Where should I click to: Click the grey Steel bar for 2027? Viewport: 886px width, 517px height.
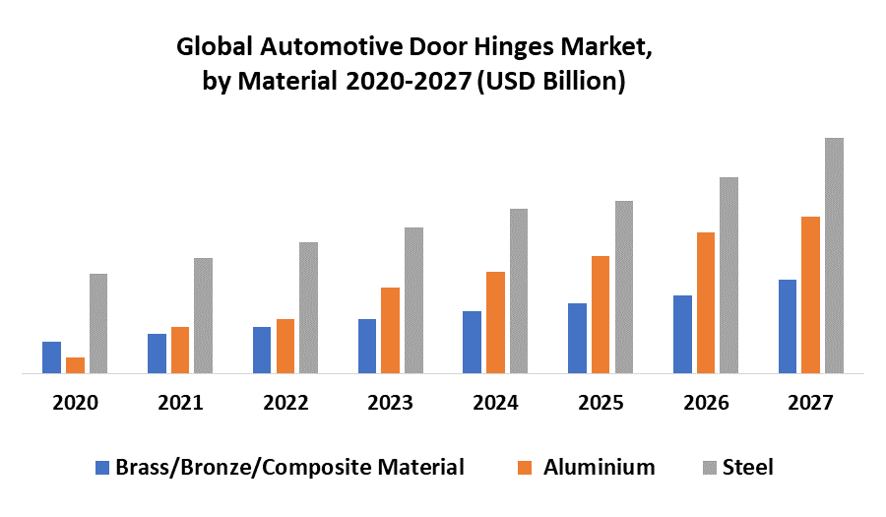(834, 256)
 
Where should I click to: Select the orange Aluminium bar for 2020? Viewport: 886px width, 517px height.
(75, 365)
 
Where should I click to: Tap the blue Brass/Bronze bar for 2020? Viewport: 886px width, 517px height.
(51, 357)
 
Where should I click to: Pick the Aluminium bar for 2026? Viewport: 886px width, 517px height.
(706, 303)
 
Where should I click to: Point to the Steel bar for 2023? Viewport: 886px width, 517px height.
(413, 300)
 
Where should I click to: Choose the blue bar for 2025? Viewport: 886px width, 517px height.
(577, 339)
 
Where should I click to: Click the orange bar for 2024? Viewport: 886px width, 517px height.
(495, 323)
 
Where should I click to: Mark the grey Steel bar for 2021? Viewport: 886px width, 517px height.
(203, 315)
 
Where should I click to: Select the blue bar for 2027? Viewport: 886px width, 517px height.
(788, 327)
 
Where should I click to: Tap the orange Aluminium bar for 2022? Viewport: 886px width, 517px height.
(285, 347)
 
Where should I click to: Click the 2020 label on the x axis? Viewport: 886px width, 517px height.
(75, 403)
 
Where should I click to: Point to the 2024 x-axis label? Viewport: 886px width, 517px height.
(495, 403)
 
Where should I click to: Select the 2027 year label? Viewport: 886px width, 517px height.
(810, 403)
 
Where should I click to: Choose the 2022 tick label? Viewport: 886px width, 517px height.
(285, 403)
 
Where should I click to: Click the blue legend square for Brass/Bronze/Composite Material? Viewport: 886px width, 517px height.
(102, 468)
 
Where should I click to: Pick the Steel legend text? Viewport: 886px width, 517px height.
(747, 467)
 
